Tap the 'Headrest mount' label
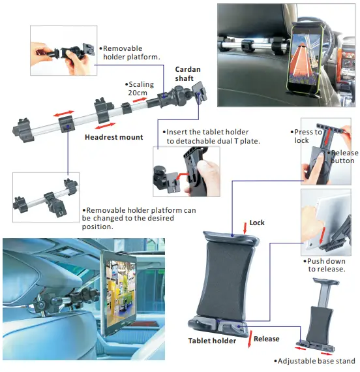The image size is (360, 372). pyautogui.click(x=113, y=138)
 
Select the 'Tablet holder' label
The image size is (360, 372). pyautogui.click(x=212, y=341)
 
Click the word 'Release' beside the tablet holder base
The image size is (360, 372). pyautogui.click(x=266, y=339)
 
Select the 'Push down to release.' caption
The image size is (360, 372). pyautogui.click(x=325, y=264)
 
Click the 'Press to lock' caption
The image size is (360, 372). pyautogui.click(x=307, y=136)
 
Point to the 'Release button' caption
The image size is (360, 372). pyautogui.click(x=340, y=157)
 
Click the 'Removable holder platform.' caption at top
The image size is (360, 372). pyautogui.click(x=130, y=52)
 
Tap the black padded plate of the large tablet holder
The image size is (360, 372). pyautogui.click(x=232, y=274)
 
